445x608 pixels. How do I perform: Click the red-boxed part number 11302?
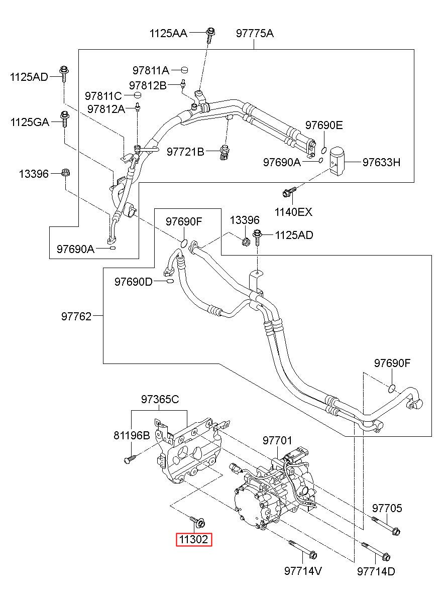pos(194,539)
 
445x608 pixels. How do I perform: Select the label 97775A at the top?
pos(255,33)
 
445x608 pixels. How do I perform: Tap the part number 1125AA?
pos(168,33)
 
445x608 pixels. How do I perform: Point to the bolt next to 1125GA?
pos(65,119)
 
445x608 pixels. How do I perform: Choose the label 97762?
pos(76,316)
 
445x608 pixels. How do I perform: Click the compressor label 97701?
pos(277,440)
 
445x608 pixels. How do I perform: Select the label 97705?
pos(387,508)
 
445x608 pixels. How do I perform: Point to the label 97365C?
pos(160,399)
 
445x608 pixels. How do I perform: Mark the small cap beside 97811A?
pos(184,70)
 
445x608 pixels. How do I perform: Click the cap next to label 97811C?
pos(139,95)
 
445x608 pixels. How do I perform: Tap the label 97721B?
pos(185,152)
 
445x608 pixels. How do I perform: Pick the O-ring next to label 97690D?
pos(170,281)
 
